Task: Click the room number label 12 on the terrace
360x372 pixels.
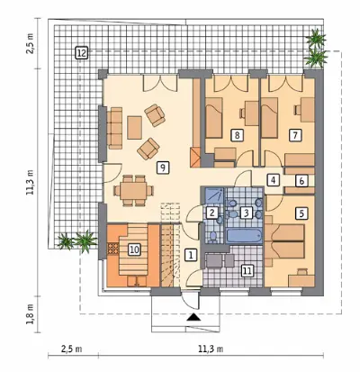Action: (x=81, y=53)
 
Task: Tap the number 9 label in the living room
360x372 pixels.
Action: (x=163, y=168)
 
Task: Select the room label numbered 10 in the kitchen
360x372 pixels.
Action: (x=135, y=250)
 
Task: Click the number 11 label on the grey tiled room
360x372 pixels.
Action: (x=247, y=271)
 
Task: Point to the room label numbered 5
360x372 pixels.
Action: (x=301, y=213)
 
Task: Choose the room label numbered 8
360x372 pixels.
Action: (x=237, y=135)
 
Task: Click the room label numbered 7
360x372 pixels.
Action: (x=295, y=135)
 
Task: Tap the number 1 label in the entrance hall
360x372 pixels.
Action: (x=191, y=255)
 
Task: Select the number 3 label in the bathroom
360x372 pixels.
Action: (x=246, y=213)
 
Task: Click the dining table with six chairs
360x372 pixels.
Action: (x=134, y=190)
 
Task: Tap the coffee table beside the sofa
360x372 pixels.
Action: (x=134, y=128)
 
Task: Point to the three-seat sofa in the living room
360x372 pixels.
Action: (x=115, y=128)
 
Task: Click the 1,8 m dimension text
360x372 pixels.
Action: (x=31, y=314)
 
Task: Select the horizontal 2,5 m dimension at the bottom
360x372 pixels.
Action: (x=71, y=349)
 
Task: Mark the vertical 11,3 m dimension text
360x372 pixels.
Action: (x=31, y=183)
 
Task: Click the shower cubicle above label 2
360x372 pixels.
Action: (x=214, y=195)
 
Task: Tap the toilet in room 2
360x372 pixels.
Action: (x=213, y=237)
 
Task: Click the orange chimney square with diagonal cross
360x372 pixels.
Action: (x=195, y=157)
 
